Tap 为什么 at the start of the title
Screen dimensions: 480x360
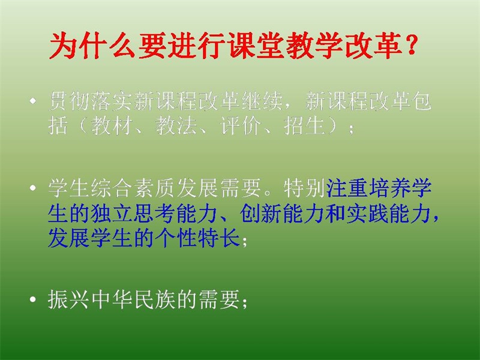click(x=92, y=46)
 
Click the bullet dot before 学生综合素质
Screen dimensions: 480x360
click(x=33, y=188)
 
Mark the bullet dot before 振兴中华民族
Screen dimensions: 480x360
click(x=33, y=299)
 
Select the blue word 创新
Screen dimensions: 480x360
click(x=261, y=213)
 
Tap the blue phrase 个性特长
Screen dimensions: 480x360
click(x=197, y=238)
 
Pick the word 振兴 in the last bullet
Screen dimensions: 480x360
click(x=69, y=299)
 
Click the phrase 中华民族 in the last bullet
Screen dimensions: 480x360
click(x=133, y=299)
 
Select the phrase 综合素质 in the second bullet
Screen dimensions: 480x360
click(x=133, y=188)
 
